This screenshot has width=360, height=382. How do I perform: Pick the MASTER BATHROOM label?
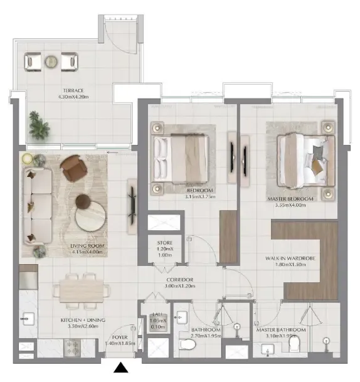click(x=281, y=330)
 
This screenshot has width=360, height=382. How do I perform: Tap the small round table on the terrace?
click(x=51, y=61)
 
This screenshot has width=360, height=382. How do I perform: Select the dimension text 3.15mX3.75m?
click(x=200, y=196)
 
